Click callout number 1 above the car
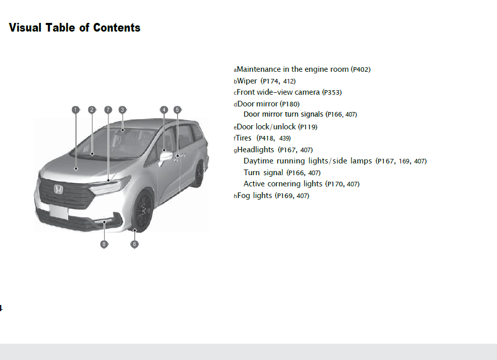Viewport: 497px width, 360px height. pyautogui.click(x=75, y=109)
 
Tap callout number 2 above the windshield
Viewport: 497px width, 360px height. pyautogui.click(x=92, y=109)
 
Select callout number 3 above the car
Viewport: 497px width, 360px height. pyautogui.click(x=122, y=109)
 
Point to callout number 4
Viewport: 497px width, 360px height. pyautogui.click(x=164, y=109)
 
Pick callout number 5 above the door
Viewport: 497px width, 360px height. pyautogui.click(x=177, y=109)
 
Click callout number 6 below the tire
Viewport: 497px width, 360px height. pyautogui.click(x=134, y=244)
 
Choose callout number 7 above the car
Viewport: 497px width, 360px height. pyautogui.click(x=108, y=109)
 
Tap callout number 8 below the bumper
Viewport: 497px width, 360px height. pyautogui.click(x=104, y=244)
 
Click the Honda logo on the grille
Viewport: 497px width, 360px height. pyautogui.click(x=59, y=190)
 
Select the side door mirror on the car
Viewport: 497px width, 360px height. pyautogui.click(x=166, y=156)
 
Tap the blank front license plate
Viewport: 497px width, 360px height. pyautogui.click(x=59, y=211)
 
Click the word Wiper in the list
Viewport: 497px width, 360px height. pyautogui.click(x=247, y=81)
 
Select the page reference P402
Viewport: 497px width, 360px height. pyautogui.click(x=361, y=69)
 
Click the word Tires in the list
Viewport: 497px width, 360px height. pyautogui.click(x=244, y=138)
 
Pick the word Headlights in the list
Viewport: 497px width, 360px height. pyautogui.click(x=256, y=150)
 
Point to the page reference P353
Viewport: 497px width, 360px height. pyautogui.click(x=332, y=93)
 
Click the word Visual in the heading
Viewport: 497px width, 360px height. pyautogui.click(x=25, y=27)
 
